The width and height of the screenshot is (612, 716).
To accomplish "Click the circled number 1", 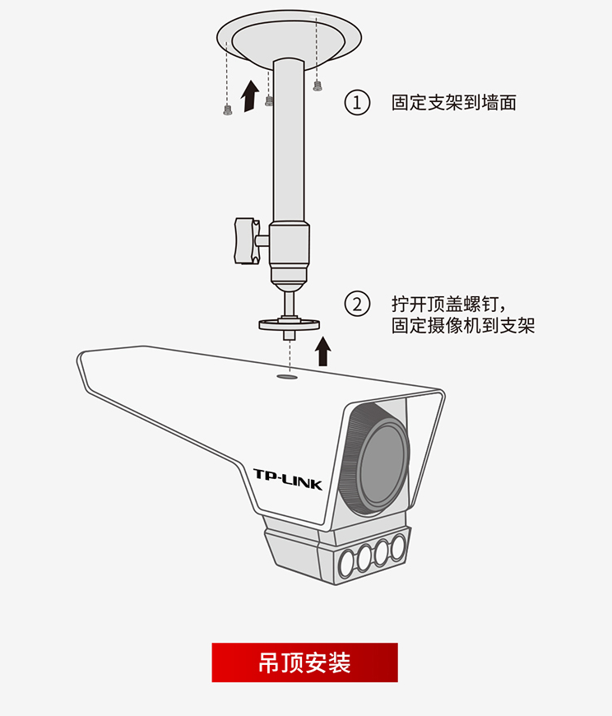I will (357, 103).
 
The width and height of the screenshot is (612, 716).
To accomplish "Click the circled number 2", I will (357, 304).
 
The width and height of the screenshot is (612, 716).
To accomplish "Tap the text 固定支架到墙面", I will (453, 103).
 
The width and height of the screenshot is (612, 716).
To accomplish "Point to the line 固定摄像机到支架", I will (463, 325).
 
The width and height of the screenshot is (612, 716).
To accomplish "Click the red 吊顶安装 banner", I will (304, 663).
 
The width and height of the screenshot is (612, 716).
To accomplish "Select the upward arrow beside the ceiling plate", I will (248, 97).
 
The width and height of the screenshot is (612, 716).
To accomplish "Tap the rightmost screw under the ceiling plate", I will (318, 86).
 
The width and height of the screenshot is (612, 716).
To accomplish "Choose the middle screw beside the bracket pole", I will (269, 100).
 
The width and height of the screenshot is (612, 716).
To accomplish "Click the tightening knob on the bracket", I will (244, 240).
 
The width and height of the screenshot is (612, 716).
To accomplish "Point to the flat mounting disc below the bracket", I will (289, 325).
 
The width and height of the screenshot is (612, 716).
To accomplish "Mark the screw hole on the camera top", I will (287, 377).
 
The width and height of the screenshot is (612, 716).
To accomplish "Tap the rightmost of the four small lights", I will (399, 546).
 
